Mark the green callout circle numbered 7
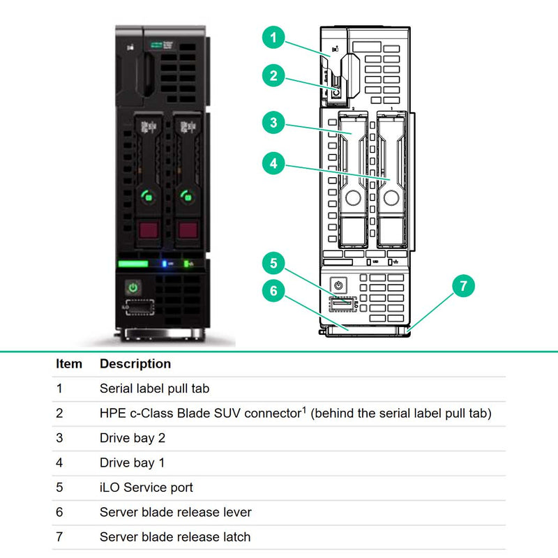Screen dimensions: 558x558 [464, 287]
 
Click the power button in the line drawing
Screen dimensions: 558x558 [338, 285]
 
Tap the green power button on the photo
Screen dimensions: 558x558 [133, 287]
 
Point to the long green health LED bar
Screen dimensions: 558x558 [133, 264]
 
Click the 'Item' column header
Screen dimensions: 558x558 [69, 364]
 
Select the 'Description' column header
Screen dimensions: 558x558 [135, 364]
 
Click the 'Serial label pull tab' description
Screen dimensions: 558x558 [154, 389]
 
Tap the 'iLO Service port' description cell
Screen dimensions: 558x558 [146, 488]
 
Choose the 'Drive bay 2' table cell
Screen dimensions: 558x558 [133, 438]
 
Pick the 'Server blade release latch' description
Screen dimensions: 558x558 [175, 537]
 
